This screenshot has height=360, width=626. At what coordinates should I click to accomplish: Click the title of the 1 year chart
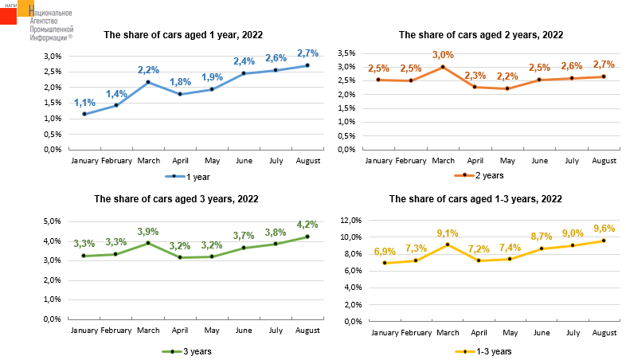(x=183, y=35)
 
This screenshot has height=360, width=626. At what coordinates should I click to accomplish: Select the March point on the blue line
(x=148, y=82)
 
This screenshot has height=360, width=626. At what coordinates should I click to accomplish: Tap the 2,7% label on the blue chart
(x=307, y=53)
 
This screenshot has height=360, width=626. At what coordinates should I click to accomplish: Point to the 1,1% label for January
(x=84, y=103)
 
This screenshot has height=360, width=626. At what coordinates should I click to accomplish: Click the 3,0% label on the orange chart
(x=443, y=55)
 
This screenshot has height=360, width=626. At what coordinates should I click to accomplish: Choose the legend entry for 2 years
(x=483, y=175)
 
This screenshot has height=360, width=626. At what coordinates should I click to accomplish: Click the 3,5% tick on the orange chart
(x=346, y=53)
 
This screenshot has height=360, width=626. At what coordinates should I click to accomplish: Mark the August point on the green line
(x=307, y=237)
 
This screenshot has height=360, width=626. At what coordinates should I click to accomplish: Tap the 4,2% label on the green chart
(x=307, y=225)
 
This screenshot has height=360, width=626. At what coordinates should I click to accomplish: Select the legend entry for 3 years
(x=186, y=350)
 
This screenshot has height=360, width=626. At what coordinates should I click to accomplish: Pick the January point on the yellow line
(x=385, y=263)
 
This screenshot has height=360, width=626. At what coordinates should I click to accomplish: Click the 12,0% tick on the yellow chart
(x=350, y=220)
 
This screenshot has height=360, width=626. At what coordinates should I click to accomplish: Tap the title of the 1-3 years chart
(x=475, y=199)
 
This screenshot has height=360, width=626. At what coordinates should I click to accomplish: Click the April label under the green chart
(x=180, y=330)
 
